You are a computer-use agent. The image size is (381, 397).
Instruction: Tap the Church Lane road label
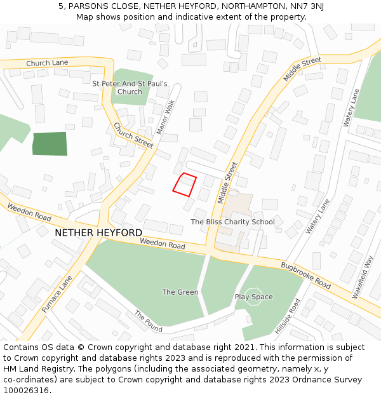(47, 64)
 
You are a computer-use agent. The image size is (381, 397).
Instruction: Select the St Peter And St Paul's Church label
(130, 88)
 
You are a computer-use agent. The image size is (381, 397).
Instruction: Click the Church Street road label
(133, 135)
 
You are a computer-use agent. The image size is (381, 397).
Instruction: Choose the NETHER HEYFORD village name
(98, 232)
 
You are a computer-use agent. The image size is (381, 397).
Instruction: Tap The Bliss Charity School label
(233, 222)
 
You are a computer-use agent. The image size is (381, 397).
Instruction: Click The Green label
(180, 292)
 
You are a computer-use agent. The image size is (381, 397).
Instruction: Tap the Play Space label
(254, 297)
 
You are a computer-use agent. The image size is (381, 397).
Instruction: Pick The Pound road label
(148, 321)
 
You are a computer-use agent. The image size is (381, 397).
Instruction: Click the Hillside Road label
(288, 316)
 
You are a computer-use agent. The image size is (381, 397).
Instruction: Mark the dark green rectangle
(50, 144)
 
